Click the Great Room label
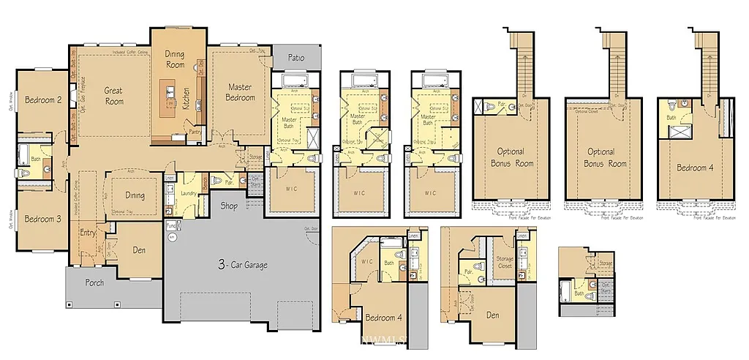pyautogui.click(x=113, y=96)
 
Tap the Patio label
pyautogui.click(x=296, y=57)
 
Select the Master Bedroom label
pyautogui.click(x=240, y=92)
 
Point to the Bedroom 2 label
pyautogui.click(x=42, y=100)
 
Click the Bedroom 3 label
pyautogui.click(x=42, y=219)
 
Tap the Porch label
pyautogui.click(x=94, y=282)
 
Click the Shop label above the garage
pyautogui.click(x=229, y=206)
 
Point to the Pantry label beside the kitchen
pyautogui.click(x=195, y=132)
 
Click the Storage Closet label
pyautogui.click(x=505, y=260)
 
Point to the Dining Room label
pyautogui.click(x=174, y=59)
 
